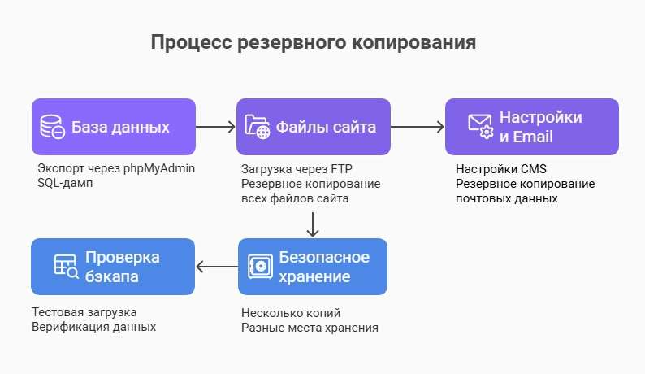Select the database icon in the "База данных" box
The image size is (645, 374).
pyautogui.click(x=53, y=128)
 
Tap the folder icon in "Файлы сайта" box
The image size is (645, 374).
pyautogui.click(x=258, y=128)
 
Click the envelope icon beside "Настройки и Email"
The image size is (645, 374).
pyautogui.click(x=480, y=126)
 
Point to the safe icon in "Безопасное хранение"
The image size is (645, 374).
pyautogui.click(x=259, y=267)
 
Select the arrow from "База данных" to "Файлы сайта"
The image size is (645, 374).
pyautogui.click(x=215, y=127)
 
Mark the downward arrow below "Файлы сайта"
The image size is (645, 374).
pyautogui.click(x=313, y=222)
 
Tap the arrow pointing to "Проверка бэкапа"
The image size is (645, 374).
pyautogui.click(x=215, y=266)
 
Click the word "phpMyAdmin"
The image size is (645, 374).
pyautogui.click(x=160, y=169)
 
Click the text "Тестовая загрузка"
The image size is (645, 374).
pyautogui.click(x=84, y=312)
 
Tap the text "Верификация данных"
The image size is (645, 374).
pyautogui.click(x=93, y=327)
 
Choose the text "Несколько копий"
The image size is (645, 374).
pyautogui.click(x=290, y=313)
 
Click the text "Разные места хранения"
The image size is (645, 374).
pyautogui.click(x=310, y=328)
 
